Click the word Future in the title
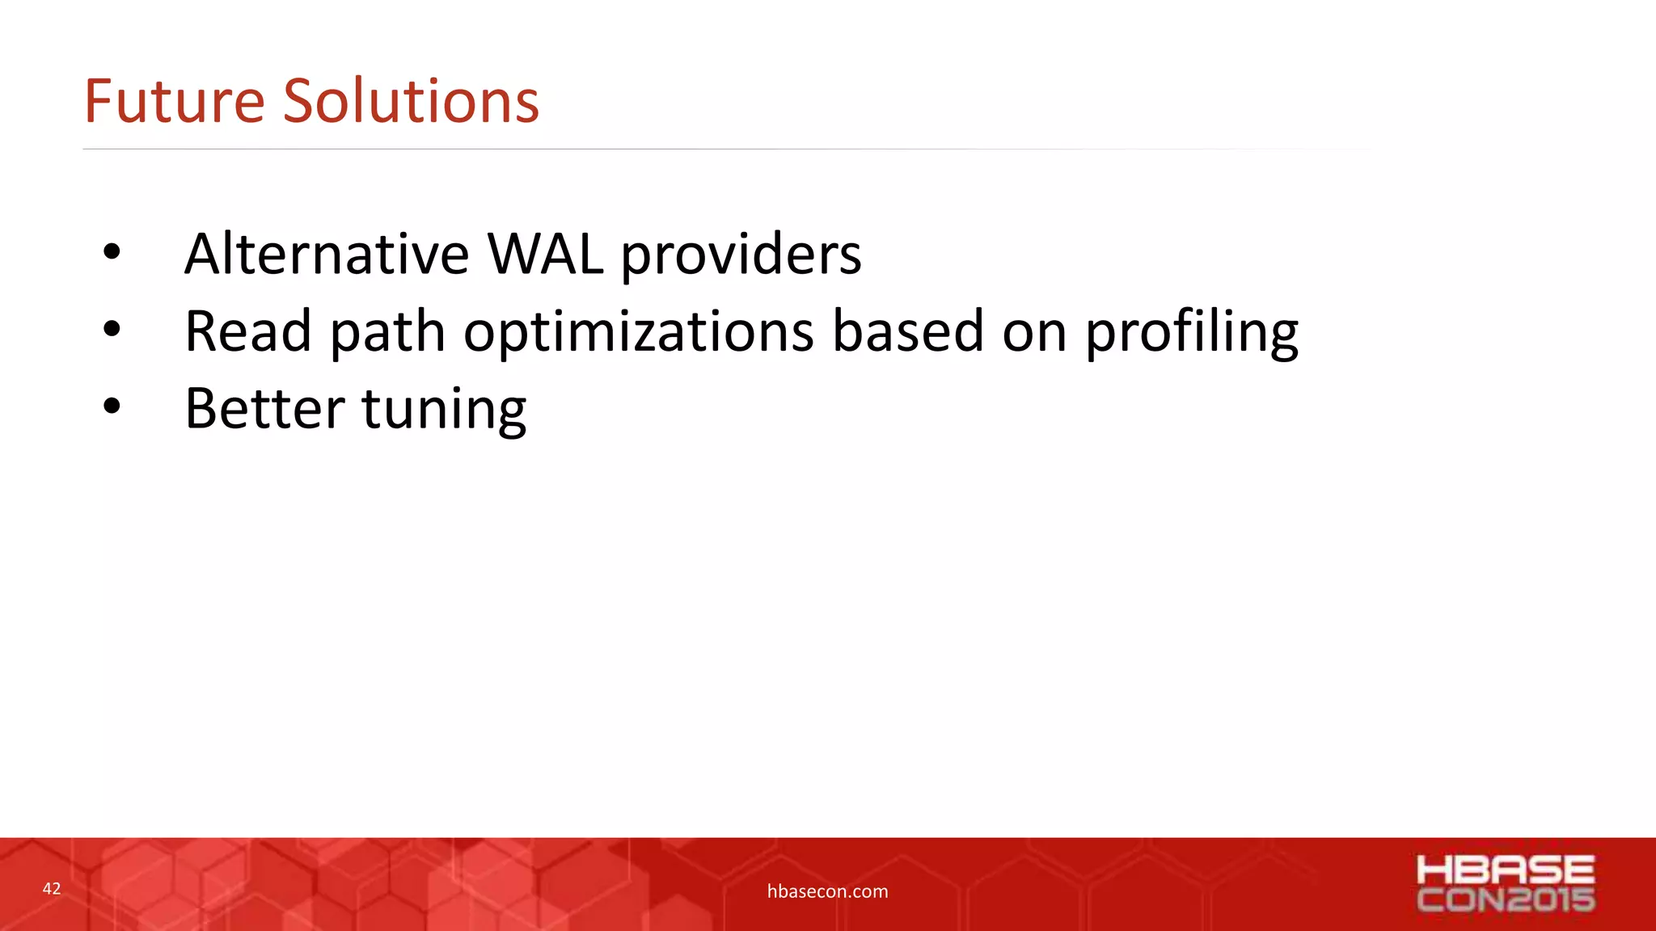[x=174, y=102]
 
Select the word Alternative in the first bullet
[x=327, y=255]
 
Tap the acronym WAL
[x=545, y=255]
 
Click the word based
[x=907, y=331]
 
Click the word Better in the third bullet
[x=264, y=409]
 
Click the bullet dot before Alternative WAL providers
[x=112, y=253]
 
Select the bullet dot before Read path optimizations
[x=112, y=329]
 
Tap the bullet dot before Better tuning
[x=112, y=407]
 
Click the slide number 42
[x=52, y=889]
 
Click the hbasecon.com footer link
[x=827, y=891]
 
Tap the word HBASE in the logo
[x=1506, y=870]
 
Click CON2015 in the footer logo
[x=1506, y=899]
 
